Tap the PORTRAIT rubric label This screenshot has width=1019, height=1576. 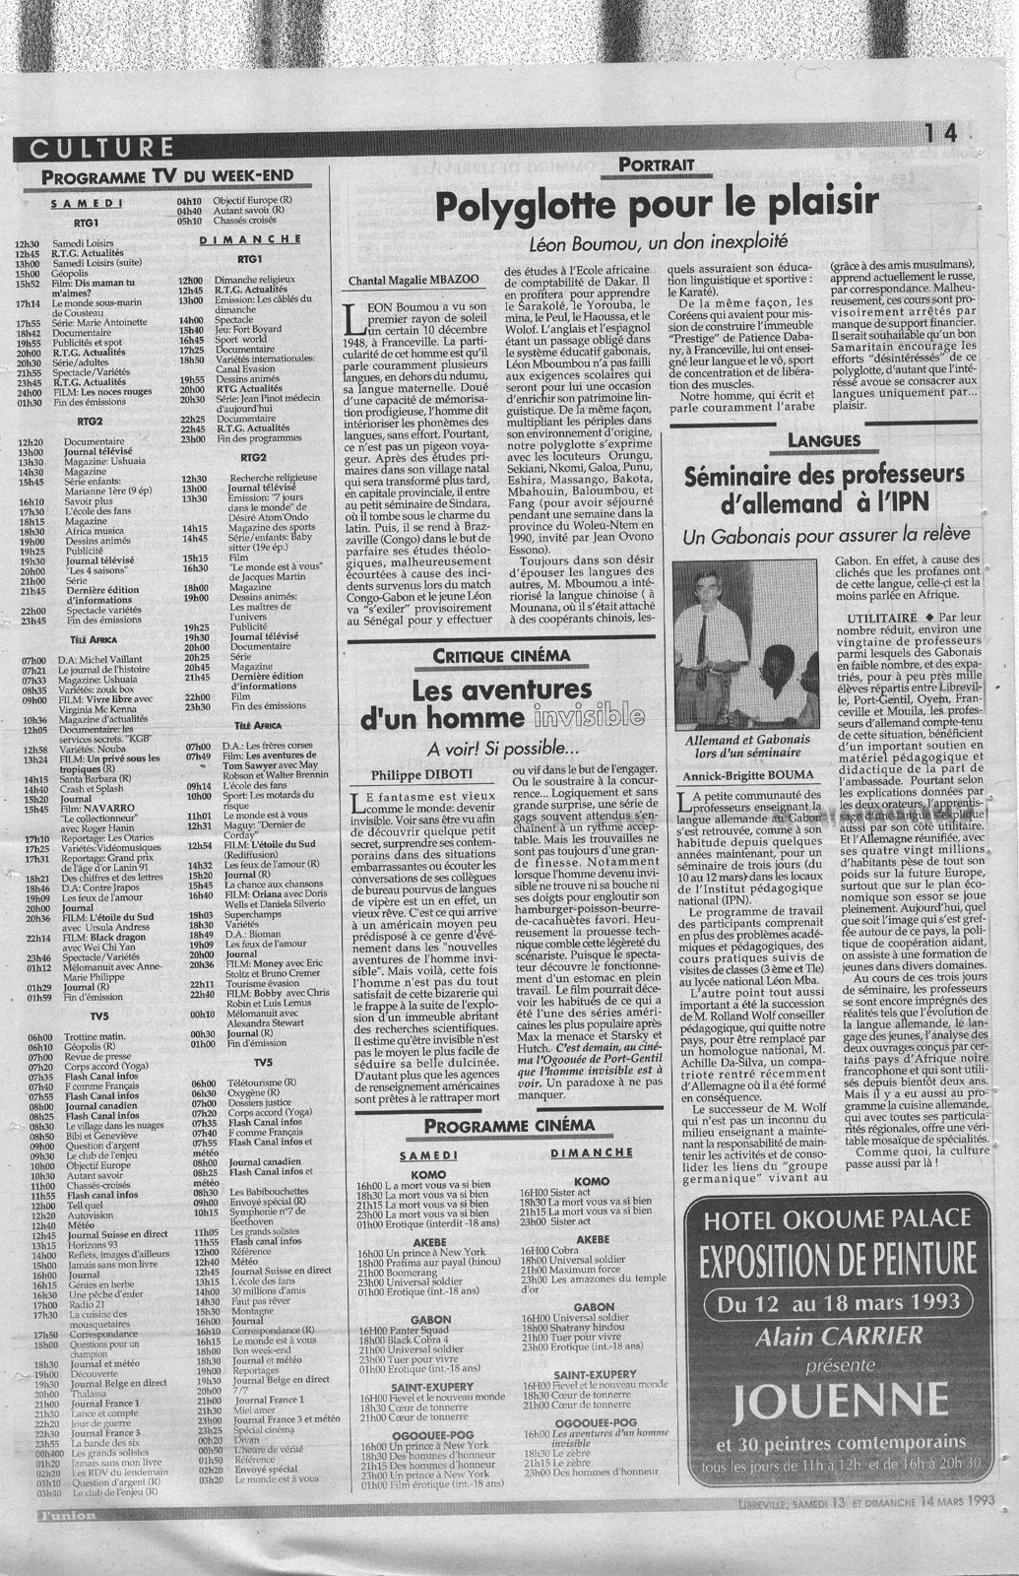pos(657,165)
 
